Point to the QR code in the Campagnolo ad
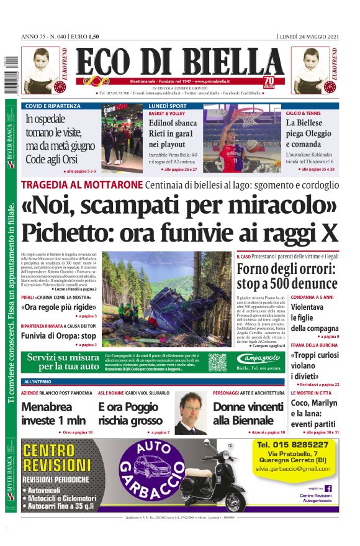click(x=217, y=362)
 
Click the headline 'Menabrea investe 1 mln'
click(x=56, y=413)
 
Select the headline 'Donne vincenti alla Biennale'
click(x=248, y=413)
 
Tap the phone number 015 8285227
click(x=292, y=445)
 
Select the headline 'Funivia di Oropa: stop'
click(x=58, y=335)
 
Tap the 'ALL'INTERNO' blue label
click(x=38, y=381)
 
